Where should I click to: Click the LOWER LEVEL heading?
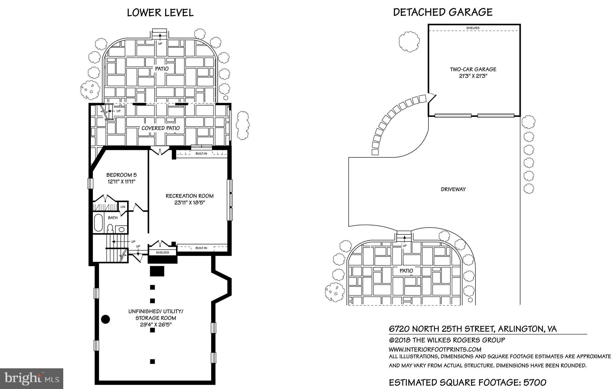(x=160, y=13)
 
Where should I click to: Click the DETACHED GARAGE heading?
(x=443, y=12)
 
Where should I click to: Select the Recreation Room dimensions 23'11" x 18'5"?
(x=189, y=203)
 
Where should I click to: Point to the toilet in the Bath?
(x=110, y=228)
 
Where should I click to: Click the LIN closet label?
(x=123, y=207)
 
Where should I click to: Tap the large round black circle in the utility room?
(x=106, y=319)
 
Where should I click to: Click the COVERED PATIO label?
(x=161, y=128)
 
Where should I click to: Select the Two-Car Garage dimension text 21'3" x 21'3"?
(x=473, y=76)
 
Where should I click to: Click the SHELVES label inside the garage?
(x=473, y=28)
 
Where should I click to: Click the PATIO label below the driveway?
(x=406, y=271)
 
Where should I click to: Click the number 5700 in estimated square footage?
(x=535, y=382)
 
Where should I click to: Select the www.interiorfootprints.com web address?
(x=435, y=349)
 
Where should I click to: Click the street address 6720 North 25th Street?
(x=441, y=329)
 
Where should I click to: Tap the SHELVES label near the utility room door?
(x=162, y=253)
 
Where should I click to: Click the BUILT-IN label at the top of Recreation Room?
(x=201, y=154)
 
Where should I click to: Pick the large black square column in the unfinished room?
(x=157, y=271)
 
